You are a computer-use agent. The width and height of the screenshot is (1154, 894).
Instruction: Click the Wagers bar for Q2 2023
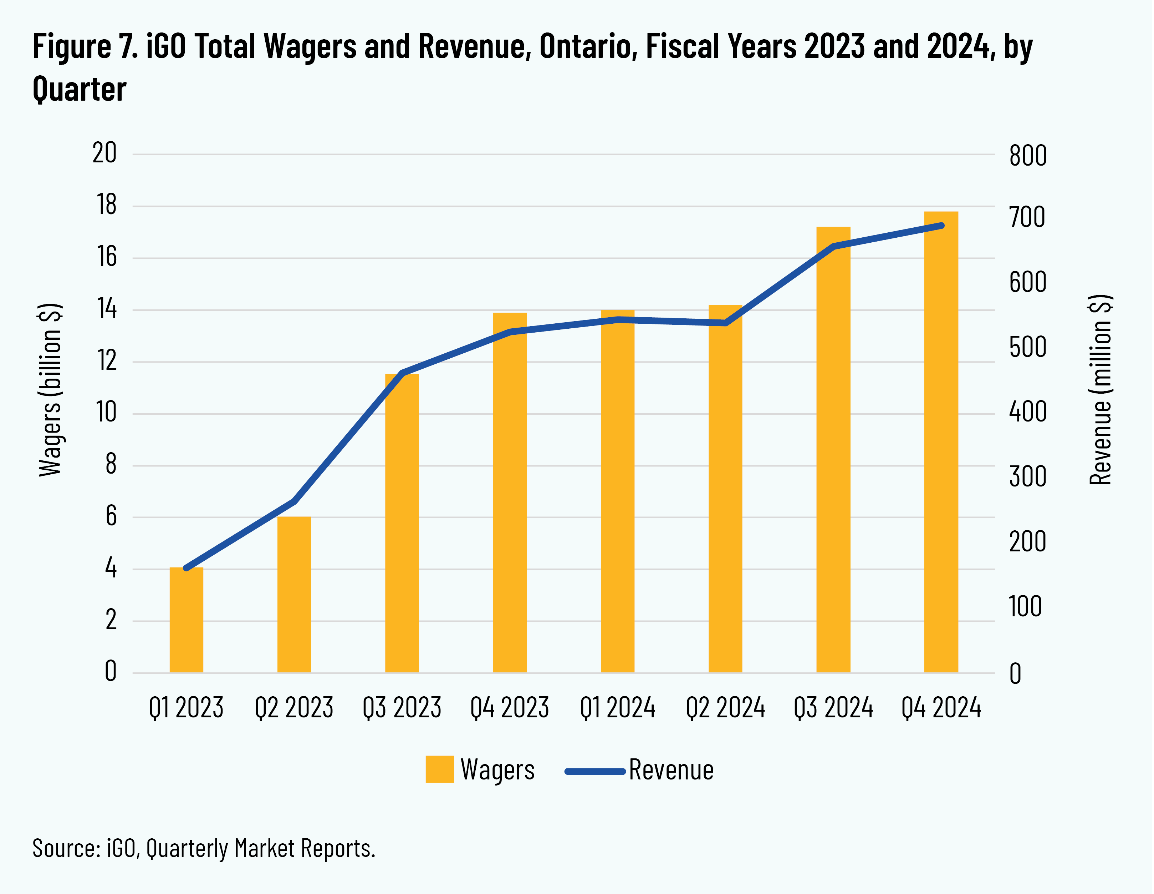294,595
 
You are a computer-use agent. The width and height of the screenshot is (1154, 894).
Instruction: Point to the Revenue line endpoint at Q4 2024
941,226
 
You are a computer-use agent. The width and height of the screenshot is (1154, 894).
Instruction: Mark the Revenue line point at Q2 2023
294,501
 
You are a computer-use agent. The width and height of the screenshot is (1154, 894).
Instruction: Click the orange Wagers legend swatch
440,769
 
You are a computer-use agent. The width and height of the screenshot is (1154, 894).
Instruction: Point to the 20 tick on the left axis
104,153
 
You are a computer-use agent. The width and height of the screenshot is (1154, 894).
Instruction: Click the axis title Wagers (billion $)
51,390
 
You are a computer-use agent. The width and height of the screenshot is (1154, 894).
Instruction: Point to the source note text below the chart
203,848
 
